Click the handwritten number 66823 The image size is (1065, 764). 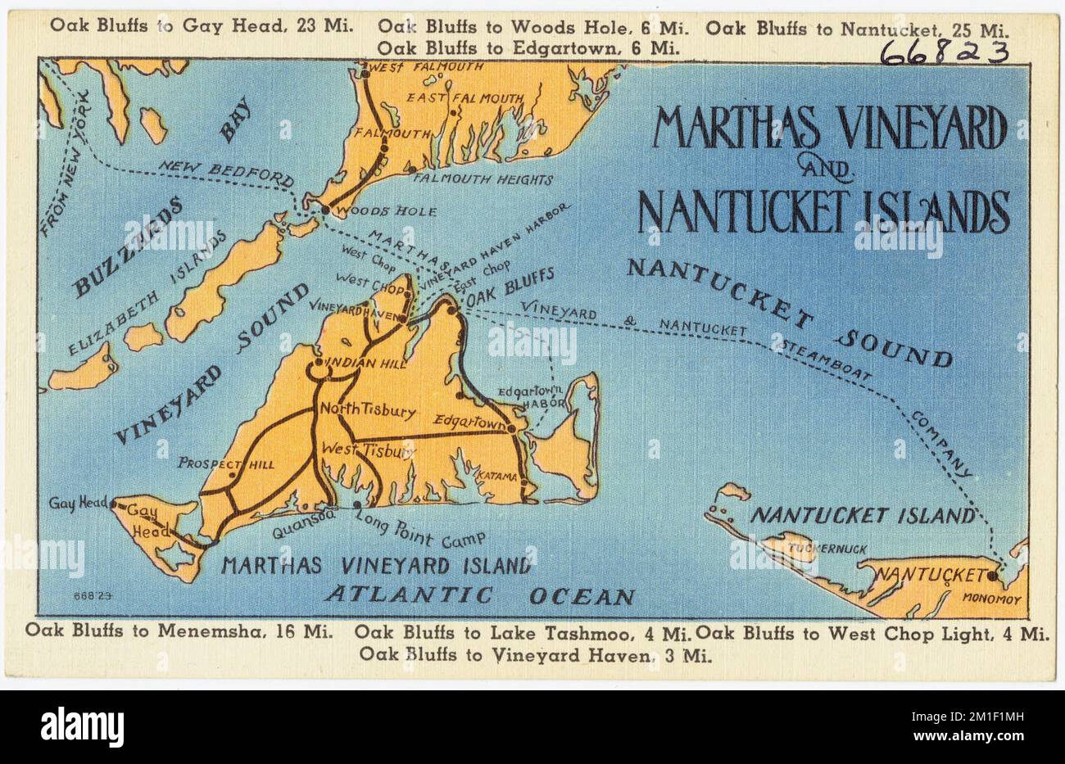tap(944, 53)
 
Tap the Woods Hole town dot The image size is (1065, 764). tap(325, 210)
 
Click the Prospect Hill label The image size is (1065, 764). tap(226, 463)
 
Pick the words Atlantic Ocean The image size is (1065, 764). tap(479, 596)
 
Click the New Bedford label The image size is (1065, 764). tap(225, 172)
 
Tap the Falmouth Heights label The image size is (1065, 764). tap(483, 179)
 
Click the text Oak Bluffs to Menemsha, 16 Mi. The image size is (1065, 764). tap(179, 631)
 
